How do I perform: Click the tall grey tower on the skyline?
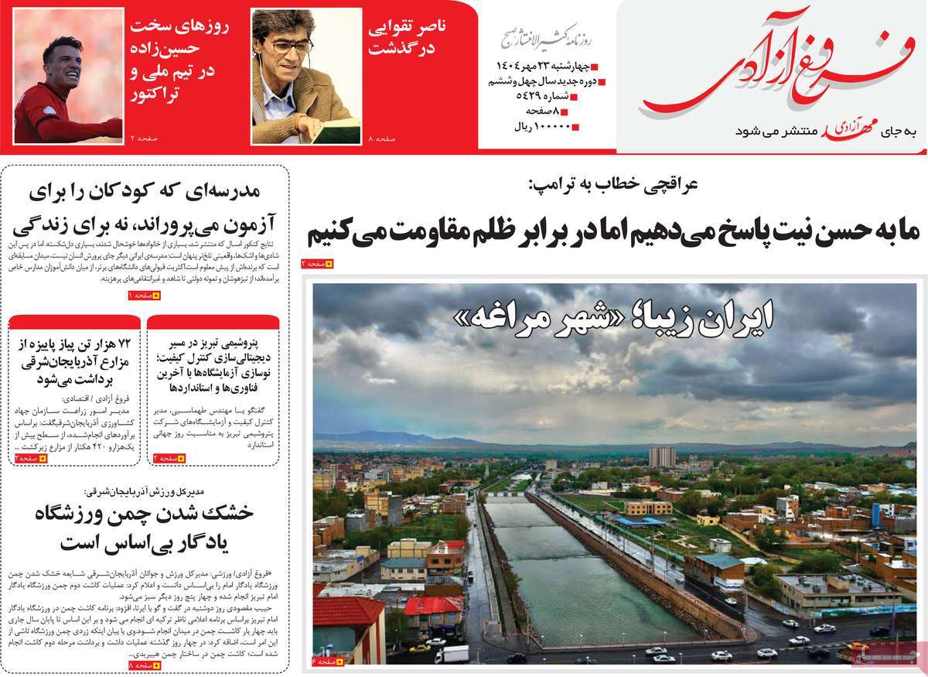[x=662, y=456]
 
